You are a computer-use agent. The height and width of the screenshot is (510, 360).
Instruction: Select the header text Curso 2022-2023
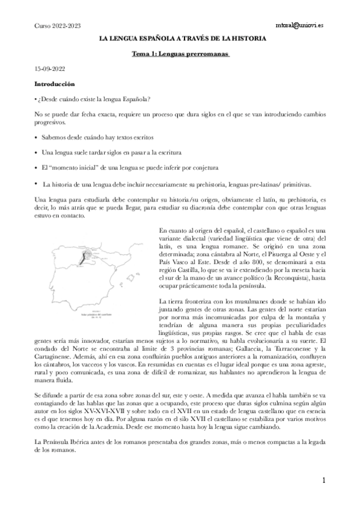[58, 26]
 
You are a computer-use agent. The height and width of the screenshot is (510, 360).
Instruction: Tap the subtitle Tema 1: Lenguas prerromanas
[182, 54]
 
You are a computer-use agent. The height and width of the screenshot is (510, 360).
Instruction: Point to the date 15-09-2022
[50, 70]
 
